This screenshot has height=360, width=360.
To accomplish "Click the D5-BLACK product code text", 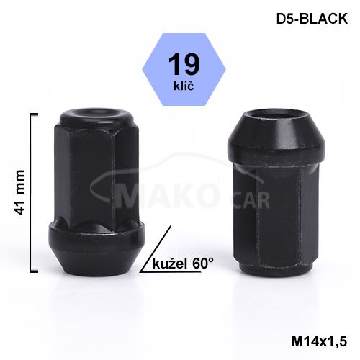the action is pyautogui.click(x=312, y=19).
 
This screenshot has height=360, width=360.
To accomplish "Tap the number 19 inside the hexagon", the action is pyautogui.click(x=184, y=64).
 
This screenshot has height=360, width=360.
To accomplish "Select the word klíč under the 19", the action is pyautogui.click(x=184, y=86).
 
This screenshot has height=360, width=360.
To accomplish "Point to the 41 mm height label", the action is pyautogui.click(x=19, y=192).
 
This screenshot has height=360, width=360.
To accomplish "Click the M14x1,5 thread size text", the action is pyautogui.click(x=319, y=341).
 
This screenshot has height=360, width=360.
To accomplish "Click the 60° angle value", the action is pyautogui.click(x=203, y=264).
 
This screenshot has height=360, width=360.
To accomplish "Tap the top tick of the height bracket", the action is pyautogui.click(x=34, y=114).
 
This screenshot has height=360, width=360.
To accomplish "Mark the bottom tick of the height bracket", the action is pyautogui.click(x=34, y=271).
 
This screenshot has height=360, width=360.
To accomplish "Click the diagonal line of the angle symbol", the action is pyautogui.click(x=156, y=249).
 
